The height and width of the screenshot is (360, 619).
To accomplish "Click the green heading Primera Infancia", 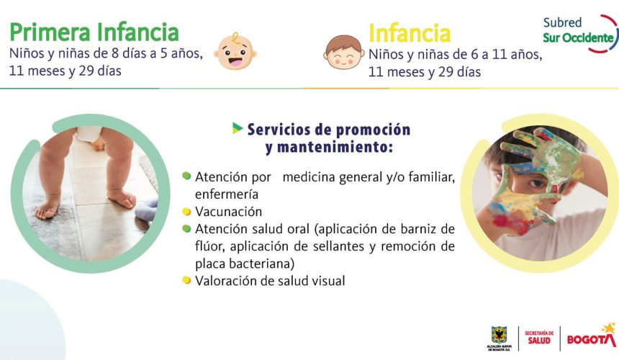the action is pos(94,32).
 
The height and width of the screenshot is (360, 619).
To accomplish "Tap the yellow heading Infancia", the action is pos(410,33).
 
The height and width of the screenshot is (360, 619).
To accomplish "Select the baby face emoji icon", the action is pos(235,51).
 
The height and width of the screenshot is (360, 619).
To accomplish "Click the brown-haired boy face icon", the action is pos(343,53).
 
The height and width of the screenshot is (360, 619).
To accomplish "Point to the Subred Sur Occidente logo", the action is pos(580,33).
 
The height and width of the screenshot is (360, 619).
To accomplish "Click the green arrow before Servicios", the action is pos(238,128).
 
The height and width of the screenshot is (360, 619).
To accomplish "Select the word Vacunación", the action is pos(228,212).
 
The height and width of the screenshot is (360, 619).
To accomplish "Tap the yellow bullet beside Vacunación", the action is pos(186,212).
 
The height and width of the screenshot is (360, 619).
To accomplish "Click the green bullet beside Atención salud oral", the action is pos(186,229).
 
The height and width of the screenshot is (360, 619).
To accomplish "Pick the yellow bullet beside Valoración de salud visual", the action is pos(186,281).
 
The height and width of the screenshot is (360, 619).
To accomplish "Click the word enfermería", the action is pos(227,194).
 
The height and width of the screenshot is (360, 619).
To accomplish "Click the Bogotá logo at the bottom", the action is pos(592,336).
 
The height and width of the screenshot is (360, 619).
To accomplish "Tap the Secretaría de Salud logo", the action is pos(539,338).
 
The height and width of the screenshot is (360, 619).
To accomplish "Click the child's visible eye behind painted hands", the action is pos(537,183).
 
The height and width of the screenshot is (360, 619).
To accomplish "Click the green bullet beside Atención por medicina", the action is pos(186,176).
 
